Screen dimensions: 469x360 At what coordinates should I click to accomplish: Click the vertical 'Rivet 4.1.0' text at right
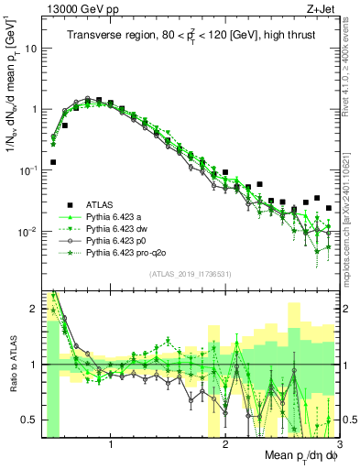pyautogui.click(x=351, y=78)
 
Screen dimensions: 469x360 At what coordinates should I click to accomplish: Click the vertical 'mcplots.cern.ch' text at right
pyautogui.click(x=351, y=215)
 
